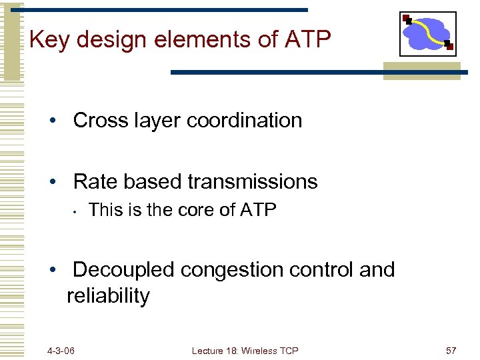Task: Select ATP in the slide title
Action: pos(307,40)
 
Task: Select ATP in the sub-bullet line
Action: pos(257,210)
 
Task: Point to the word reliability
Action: pos(108,296)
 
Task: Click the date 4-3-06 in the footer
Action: pos(61,351)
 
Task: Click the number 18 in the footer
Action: pos(229,351)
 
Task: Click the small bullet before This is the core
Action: pos(77,212)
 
